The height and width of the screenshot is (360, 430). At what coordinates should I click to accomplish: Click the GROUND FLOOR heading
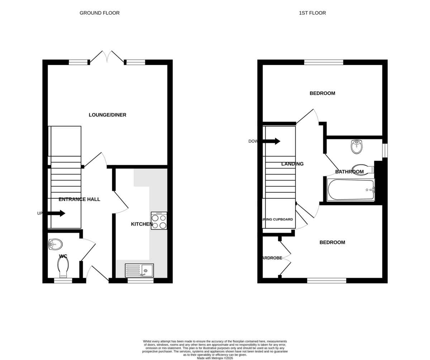[x=100, y=13]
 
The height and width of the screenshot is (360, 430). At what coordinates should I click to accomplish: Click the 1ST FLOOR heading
[x=312, y=13]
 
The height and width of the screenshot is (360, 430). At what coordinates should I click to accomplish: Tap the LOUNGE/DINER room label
[x=107, y=115]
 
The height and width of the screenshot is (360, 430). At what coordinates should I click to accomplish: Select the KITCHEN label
[x=142, y=224]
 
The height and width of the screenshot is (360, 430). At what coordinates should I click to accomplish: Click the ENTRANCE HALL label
[x=79, y=199]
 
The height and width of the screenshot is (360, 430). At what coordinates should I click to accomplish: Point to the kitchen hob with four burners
[x=159, y=221]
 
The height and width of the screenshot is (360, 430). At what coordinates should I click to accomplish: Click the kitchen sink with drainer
[x=139, y=270]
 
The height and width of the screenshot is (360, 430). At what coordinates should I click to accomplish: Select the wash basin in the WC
[x=56, y=245]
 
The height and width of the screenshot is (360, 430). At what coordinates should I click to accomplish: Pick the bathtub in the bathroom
[x=351, y=190]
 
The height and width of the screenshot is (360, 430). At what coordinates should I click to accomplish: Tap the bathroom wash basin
[x=357, y=146]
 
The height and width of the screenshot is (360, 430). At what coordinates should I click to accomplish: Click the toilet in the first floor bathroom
[x=362, y=169]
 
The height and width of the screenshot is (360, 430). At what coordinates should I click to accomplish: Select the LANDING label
[x=292, y=164]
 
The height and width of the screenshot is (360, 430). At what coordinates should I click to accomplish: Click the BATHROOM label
[x=349, y=172]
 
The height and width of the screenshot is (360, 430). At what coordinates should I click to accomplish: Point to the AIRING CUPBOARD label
[x=278, y=219]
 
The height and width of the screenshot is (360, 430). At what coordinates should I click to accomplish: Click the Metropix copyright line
[x=215, y=358]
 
